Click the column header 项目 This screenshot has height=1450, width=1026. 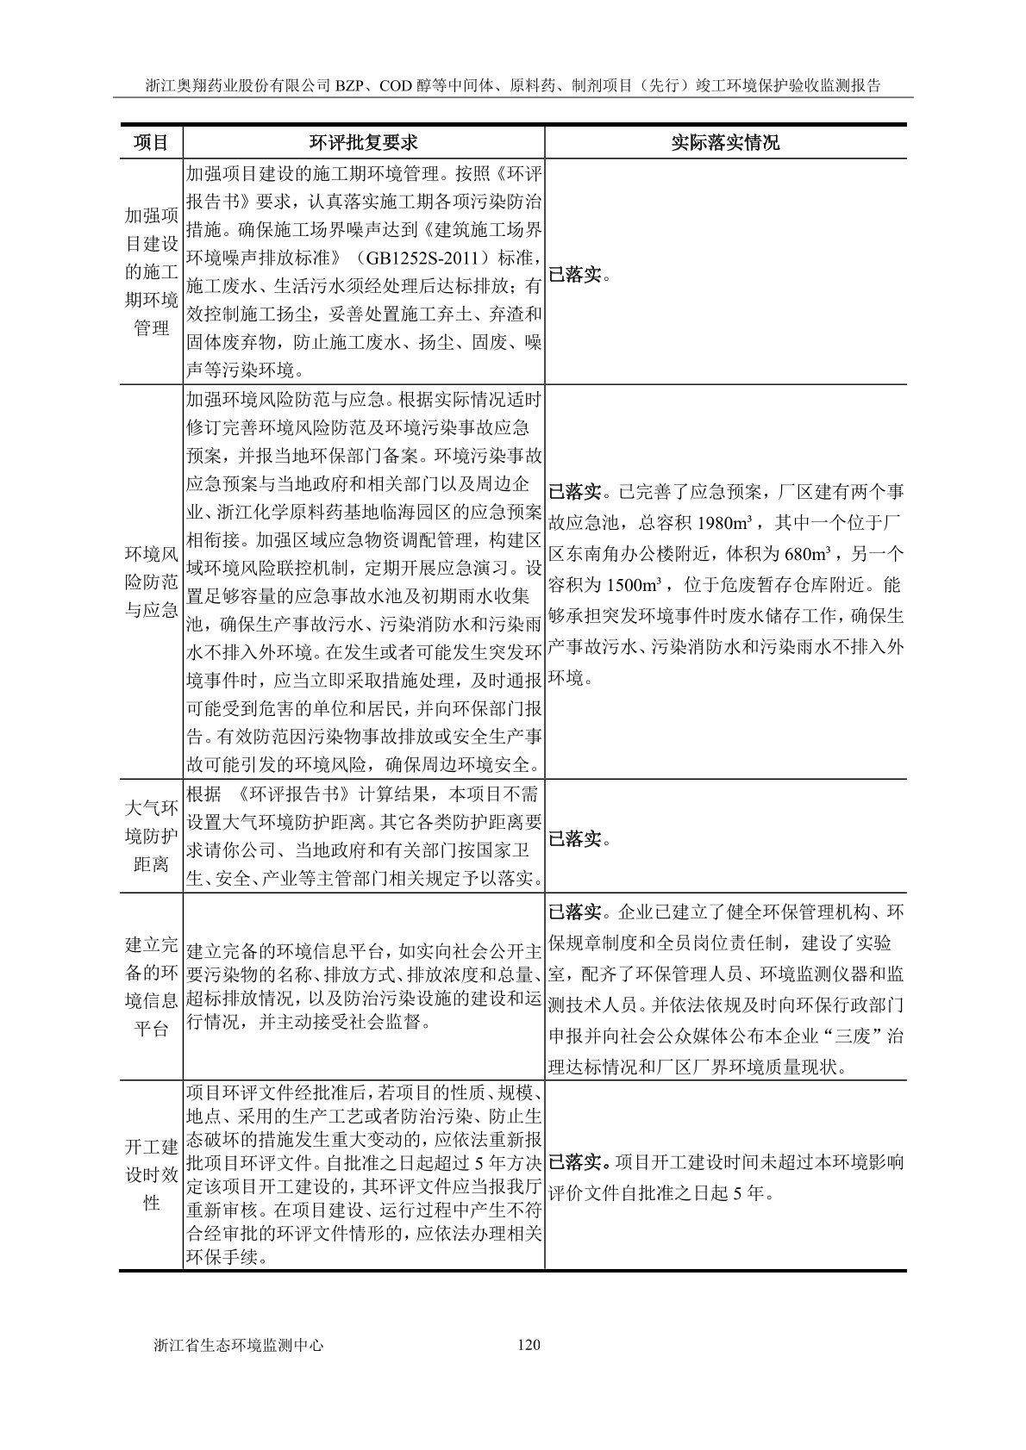[151, 142]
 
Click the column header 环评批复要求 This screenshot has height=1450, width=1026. [363, 142]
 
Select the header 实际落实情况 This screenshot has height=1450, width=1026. [725, 142]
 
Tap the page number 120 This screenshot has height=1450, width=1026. [529, 1345]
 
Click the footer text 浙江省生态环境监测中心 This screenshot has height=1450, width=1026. [237, 1345]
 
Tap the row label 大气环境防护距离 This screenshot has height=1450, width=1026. [151, 836]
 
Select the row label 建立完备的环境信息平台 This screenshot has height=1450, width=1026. [151, 986]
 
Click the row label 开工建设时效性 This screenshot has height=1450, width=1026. [151, 1175]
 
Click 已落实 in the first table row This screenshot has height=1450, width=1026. [574, 276]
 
